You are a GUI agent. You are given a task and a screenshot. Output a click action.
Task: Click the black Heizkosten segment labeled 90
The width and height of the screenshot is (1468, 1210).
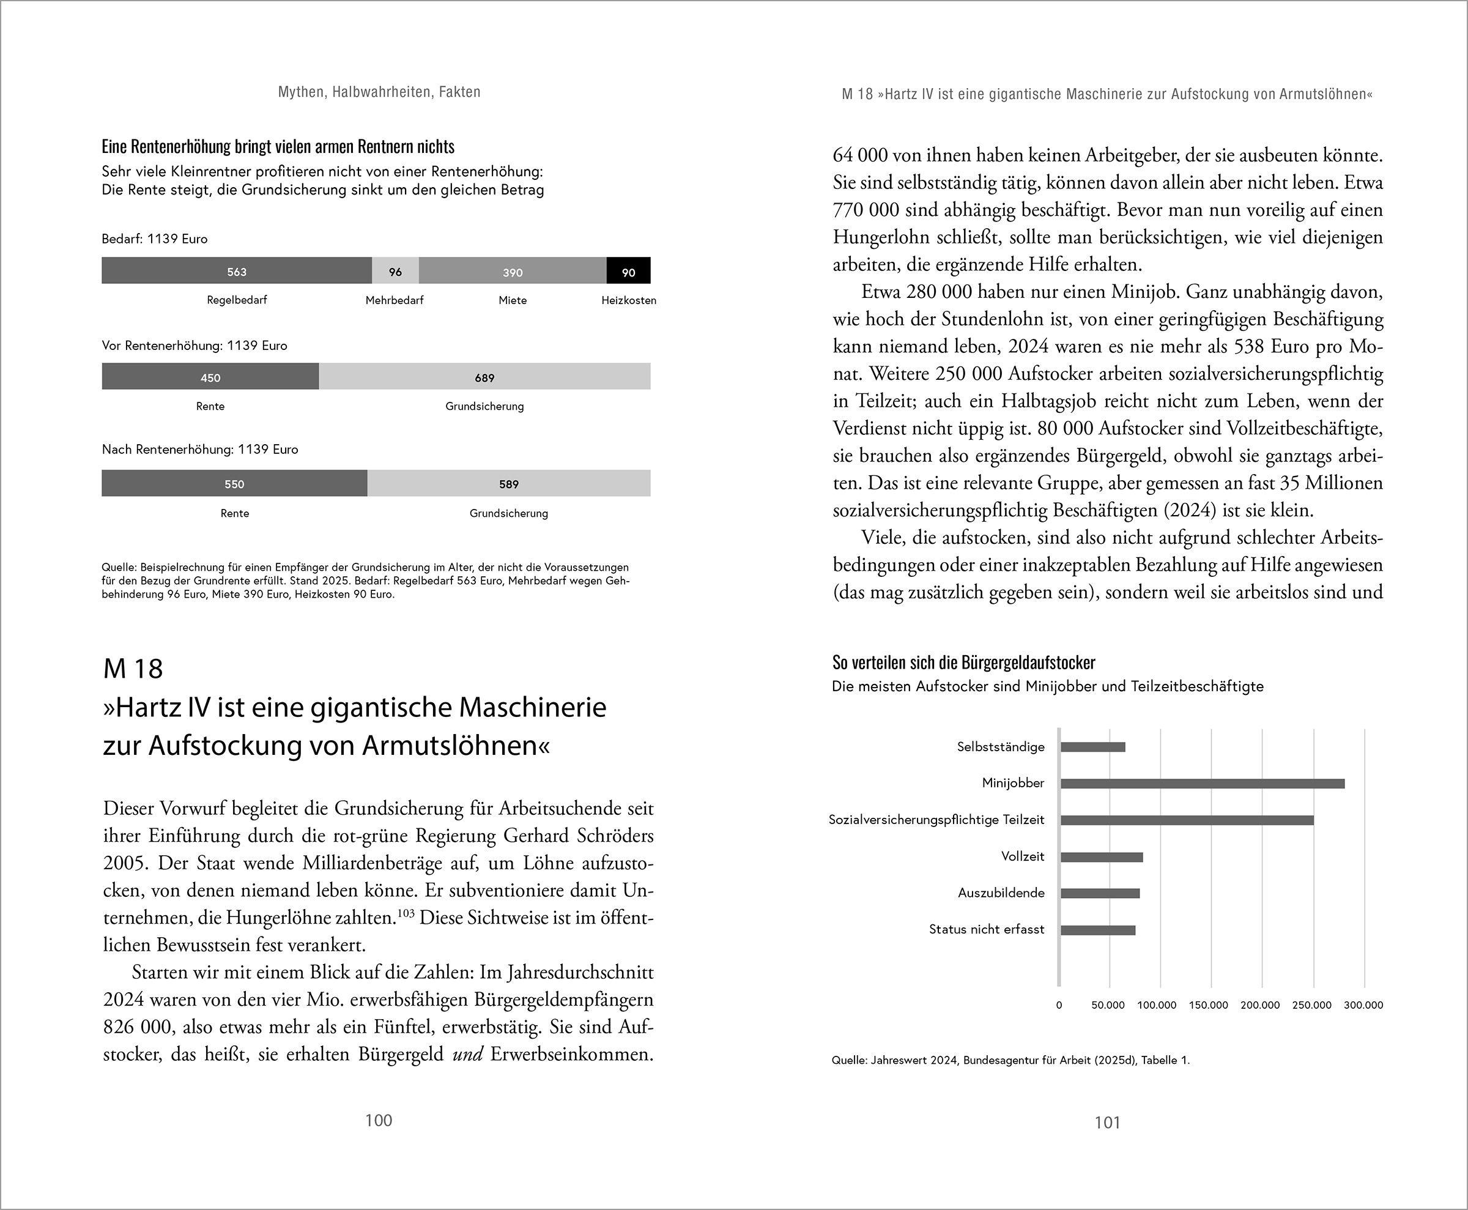[628, 271]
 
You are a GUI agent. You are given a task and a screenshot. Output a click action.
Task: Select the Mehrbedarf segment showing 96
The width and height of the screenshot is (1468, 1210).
[395, 271]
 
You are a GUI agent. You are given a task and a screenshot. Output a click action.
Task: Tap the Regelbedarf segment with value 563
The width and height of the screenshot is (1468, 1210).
[236, 271]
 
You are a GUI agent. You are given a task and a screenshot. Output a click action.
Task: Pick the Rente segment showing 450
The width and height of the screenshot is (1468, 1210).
[210, 377]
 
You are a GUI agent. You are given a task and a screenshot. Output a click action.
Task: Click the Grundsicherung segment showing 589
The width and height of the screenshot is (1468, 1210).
[508, 484]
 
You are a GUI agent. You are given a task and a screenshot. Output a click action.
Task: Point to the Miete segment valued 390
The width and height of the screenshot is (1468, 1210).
[513, 271]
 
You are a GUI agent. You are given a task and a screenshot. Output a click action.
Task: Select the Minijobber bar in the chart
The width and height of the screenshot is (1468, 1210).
[1202, 784]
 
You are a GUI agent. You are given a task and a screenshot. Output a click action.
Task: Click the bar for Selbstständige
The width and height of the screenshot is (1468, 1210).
[1092, 747]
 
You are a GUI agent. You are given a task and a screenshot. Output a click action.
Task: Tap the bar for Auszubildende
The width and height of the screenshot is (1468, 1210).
[1100, 893]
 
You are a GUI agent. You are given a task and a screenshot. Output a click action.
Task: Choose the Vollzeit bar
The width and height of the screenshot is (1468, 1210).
[1102, 856]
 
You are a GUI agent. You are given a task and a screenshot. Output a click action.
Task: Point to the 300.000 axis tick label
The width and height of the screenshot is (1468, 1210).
[1363, 1005]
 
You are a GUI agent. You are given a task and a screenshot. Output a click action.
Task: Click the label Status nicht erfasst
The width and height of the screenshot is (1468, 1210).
[987, 929]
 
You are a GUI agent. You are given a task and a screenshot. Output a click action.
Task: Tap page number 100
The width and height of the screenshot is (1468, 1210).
[379, 1120]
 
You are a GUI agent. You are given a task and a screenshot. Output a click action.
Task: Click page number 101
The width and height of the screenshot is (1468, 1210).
[1107, 1122]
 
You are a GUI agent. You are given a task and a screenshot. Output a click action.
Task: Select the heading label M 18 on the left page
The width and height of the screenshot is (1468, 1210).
[133, 669]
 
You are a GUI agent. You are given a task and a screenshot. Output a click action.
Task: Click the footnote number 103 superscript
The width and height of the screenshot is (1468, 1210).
[405, 912]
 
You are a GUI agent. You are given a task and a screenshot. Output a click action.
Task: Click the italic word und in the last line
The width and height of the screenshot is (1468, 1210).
[467, 1055]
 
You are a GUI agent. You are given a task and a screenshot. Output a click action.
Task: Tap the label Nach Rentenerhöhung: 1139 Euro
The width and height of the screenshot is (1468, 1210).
[200, 450]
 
